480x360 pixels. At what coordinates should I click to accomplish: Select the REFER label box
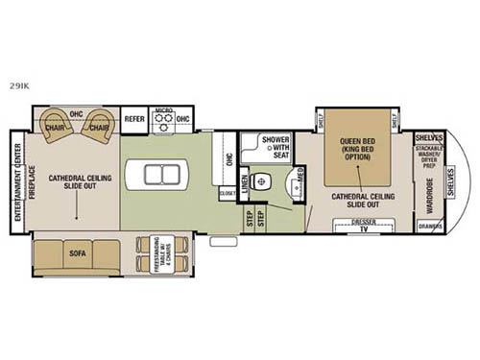(x=133, y=119)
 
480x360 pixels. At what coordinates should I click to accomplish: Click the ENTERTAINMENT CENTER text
(x=17, y=182)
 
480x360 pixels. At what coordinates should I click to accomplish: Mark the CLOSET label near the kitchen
(x=227, y=193)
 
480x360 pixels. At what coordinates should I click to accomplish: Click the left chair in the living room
(x=57, y=126)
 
